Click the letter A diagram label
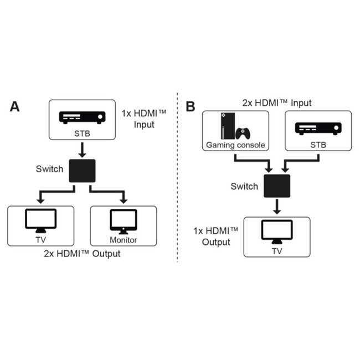point(16,107)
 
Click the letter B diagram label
point(191,107)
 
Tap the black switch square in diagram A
point(82,171)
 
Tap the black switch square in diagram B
point(276,186)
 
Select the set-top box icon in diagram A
point(82,117)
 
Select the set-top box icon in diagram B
point(318,128)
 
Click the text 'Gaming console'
point(235,145)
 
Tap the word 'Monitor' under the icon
point(123,240)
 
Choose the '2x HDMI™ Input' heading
point(277,103)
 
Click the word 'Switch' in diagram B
point(244,186)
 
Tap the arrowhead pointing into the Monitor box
point(123,200)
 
